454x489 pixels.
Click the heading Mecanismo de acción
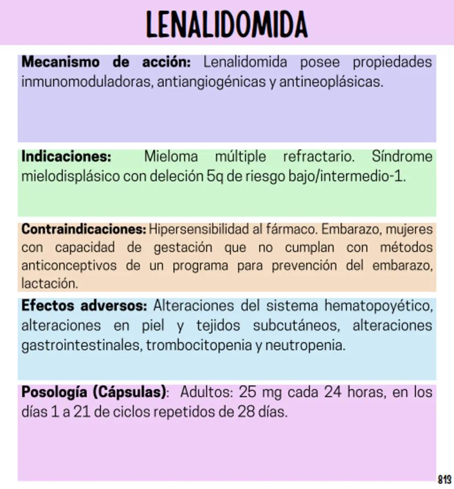pos(106,62)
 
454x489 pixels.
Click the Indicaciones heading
pos(66,157)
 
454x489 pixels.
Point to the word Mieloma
pos(171,157)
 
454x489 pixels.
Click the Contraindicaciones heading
pos(83,228)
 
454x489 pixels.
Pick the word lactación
pos(48,283)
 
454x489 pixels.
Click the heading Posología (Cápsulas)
pos(93,392)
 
